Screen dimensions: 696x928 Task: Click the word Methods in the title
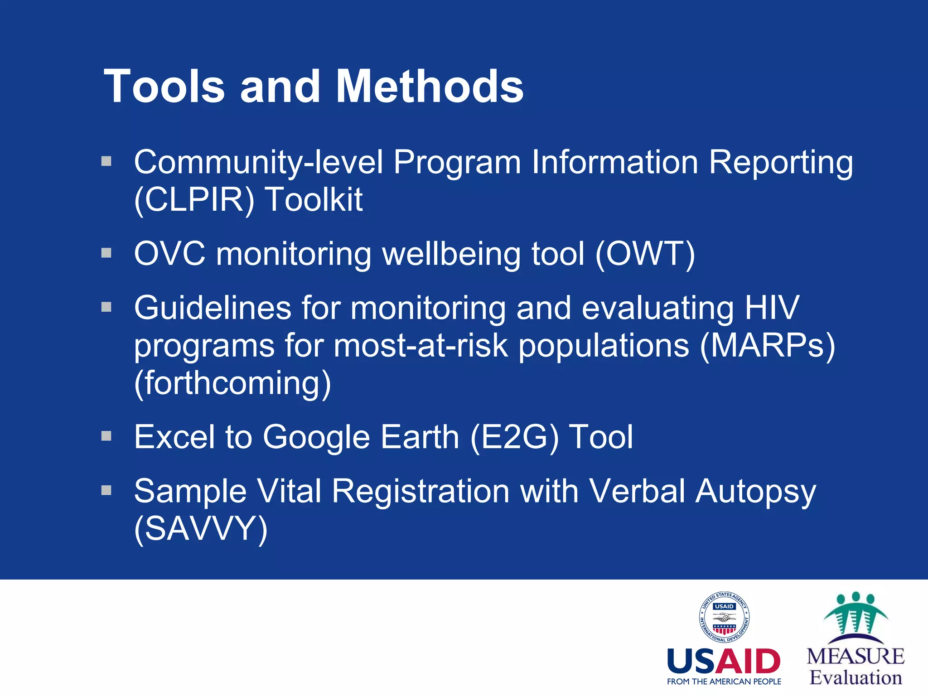click(x=430, y=86)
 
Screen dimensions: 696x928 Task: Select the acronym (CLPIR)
click(x=194, y=199)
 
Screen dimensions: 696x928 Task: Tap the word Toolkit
click(x=314, y=199)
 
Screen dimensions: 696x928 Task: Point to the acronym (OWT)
click(x=645, y=254)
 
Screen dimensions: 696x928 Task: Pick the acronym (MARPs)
click(x=767, y=346)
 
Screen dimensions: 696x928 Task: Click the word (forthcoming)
click(x=232, y=383)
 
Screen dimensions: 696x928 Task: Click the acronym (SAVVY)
click(x=201, y=529)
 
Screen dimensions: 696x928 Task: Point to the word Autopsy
click(x=756, y=492)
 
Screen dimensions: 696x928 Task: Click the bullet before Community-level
click(x=106, y=161)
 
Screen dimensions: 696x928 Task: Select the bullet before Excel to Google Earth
click(x=106, y=436)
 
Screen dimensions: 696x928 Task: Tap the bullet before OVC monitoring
click(x=106, y=252)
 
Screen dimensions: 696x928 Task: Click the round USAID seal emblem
click(x=724, y=618)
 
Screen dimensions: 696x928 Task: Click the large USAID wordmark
click(x=724, y=662)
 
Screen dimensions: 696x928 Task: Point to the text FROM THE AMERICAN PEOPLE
click(x=724, y=681)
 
